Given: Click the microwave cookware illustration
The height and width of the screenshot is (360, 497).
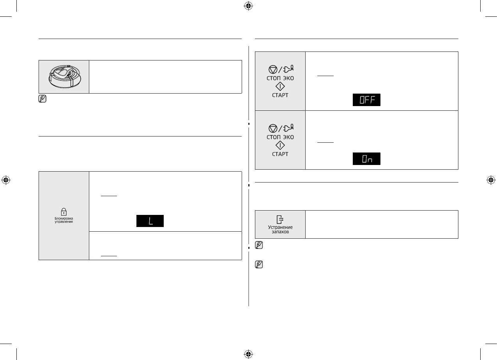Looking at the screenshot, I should click(x=64, y=76).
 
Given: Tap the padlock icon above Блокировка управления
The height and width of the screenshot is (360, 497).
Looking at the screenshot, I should click(x=64, y=213).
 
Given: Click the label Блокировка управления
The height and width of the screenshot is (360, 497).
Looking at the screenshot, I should click(x=64, y=222).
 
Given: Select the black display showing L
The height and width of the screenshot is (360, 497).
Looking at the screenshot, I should click(x=150, y=221).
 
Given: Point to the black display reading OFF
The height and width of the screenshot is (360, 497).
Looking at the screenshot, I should click(x=366, y=100).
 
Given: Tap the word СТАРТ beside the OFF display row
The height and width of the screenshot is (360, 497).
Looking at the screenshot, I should click(x=280, y=95).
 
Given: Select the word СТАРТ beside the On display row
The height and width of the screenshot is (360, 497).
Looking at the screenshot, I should click(x=280, y=154).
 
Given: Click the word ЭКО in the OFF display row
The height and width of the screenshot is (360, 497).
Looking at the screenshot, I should click(x=288, y=78).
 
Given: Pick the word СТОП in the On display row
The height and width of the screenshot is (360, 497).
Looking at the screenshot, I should click(x=272, y=137).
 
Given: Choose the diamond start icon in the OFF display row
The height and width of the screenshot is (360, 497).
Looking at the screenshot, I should click(x=280, y=86).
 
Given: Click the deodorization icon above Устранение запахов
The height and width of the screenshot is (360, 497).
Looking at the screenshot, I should click(x=280, y=220).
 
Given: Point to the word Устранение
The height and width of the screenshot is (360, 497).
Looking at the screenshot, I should click(x=280, y=227).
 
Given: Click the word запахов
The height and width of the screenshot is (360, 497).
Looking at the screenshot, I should click(x=280, y=232).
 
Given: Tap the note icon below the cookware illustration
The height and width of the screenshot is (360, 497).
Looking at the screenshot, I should click(x=42, y=99).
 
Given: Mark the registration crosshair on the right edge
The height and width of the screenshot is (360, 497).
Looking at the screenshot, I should click(x=491, y=180).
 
